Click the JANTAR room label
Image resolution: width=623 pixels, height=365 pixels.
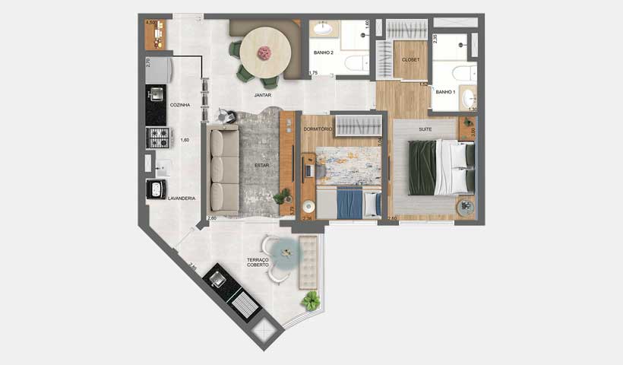(264, 96)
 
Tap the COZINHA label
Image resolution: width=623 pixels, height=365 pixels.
(180, 105)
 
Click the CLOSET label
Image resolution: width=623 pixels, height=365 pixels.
(410, 59)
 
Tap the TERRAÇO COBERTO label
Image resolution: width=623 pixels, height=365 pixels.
(258, 262)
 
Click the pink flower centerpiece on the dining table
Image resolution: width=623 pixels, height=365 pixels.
(265, 52)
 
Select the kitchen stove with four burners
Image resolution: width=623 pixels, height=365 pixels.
(157, 137)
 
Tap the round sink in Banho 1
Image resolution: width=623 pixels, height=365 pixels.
(468, 98)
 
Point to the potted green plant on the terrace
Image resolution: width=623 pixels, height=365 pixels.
(310, 301)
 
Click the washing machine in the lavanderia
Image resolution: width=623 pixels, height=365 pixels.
(157, 189)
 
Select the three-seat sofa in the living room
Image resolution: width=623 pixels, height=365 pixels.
(223, 169)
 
